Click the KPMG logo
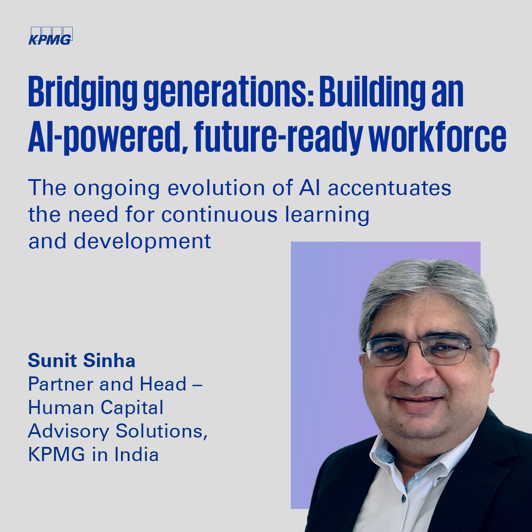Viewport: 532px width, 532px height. click(x=50, y=36)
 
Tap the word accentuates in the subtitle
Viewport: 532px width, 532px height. click(x=390, y=188)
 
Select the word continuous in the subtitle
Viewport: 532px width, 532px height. click(x=219, y=215)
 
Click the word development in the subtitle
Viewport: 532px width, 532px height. click(x=142, y=241)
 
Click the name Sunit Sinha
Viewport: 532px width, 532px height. click(x=82, y=360)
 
